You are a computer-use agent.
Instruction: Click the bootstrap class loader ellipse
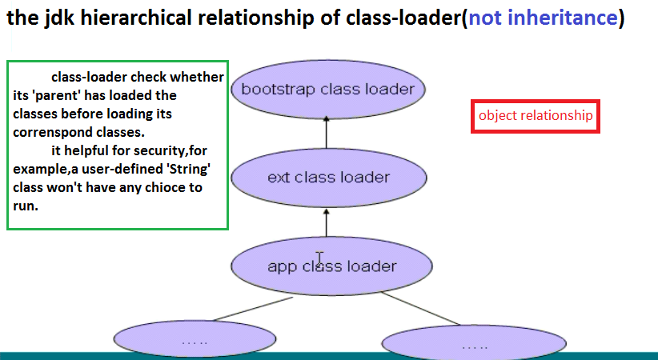pyautogui.click(x=328, y=90)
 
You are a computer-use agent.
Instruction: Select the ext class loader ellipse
pyautogui.click(x=329, y=178)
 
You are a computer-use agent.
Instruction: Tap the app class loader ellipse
pyautogui.click(x=331, y=266)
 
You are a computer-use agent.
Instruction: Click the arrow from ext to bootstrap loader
pyautogui.click(x=326, y=133)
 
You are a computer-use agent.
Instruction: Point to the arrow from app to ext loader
pyautogui.click(x=326, y=222)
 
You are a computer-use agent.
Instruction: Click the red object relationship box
pyautogui.click(x=536, y=116)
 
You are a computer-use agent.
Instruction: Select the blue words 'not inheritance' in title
pyautogui.click(x=543, y=18)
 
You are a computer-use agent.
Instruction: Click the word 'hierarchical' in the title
pyautogui.click(x=134, y=18)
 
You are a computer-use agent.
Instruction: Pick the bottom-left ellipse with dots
pyautogui.click(x=195, y=338)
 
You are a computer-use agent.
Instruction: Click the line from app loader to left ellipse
pyautogui.click(x=253, y=309)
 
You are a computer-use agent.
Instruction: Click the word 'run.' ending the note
pyautogui.click(x=26, y=206)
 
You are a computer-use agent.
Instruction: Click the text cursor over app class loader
pyautogui.click(x=320, y=258)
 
